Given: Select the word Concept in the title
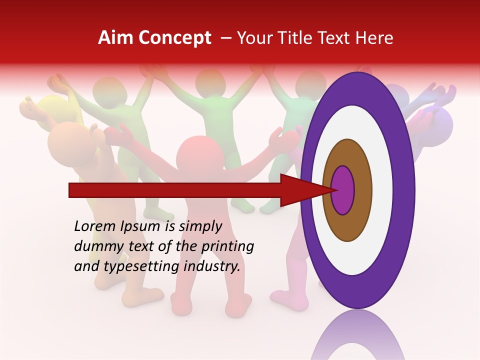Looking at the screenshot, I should click(x=174, y=38).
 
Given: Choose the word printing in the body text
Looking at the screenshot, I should click(x=227, y=246).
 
